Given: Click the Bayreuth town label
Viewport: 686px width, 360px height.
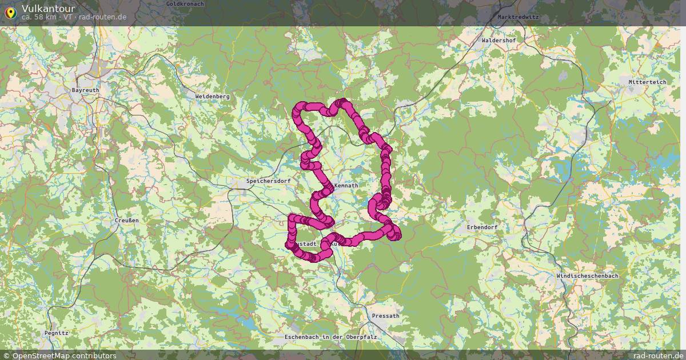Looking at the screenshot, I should pos(85,90).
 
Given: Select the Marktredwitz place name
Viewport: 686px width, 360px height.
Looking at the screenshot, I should pos(518,17).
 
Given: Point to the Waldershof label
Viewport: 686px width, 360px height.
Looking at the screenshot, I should pos(498,41).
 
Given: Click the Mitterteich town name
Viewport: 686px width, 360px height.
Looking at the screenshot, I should pos(647,82).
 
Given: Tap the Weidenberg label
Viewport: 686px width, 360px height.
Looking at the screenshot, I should pos(212,97).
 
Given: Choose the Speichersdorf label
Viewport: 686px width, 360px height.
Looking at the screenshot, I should pos(268,181).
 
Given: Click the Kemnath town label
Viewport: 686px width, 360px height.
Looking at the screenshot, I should pos(346,186).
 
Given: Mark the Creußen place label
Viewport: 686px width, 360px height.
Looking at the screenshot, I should pos(126,220).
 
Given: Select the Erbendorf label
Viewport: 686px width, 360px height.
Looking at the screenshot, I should pos(482,227).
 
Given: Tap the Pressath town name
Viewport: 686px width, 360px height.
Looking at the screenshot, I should pos(385,316).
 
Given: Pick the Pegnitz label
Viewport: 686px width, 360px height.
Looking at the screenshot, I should pos(56,333).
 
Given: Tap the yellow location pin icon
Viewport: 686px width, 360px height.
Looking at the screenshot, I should pos(10,11).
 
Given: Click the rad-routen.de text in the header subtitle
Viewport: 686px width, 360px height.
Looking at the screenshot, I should pos(103,17).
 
